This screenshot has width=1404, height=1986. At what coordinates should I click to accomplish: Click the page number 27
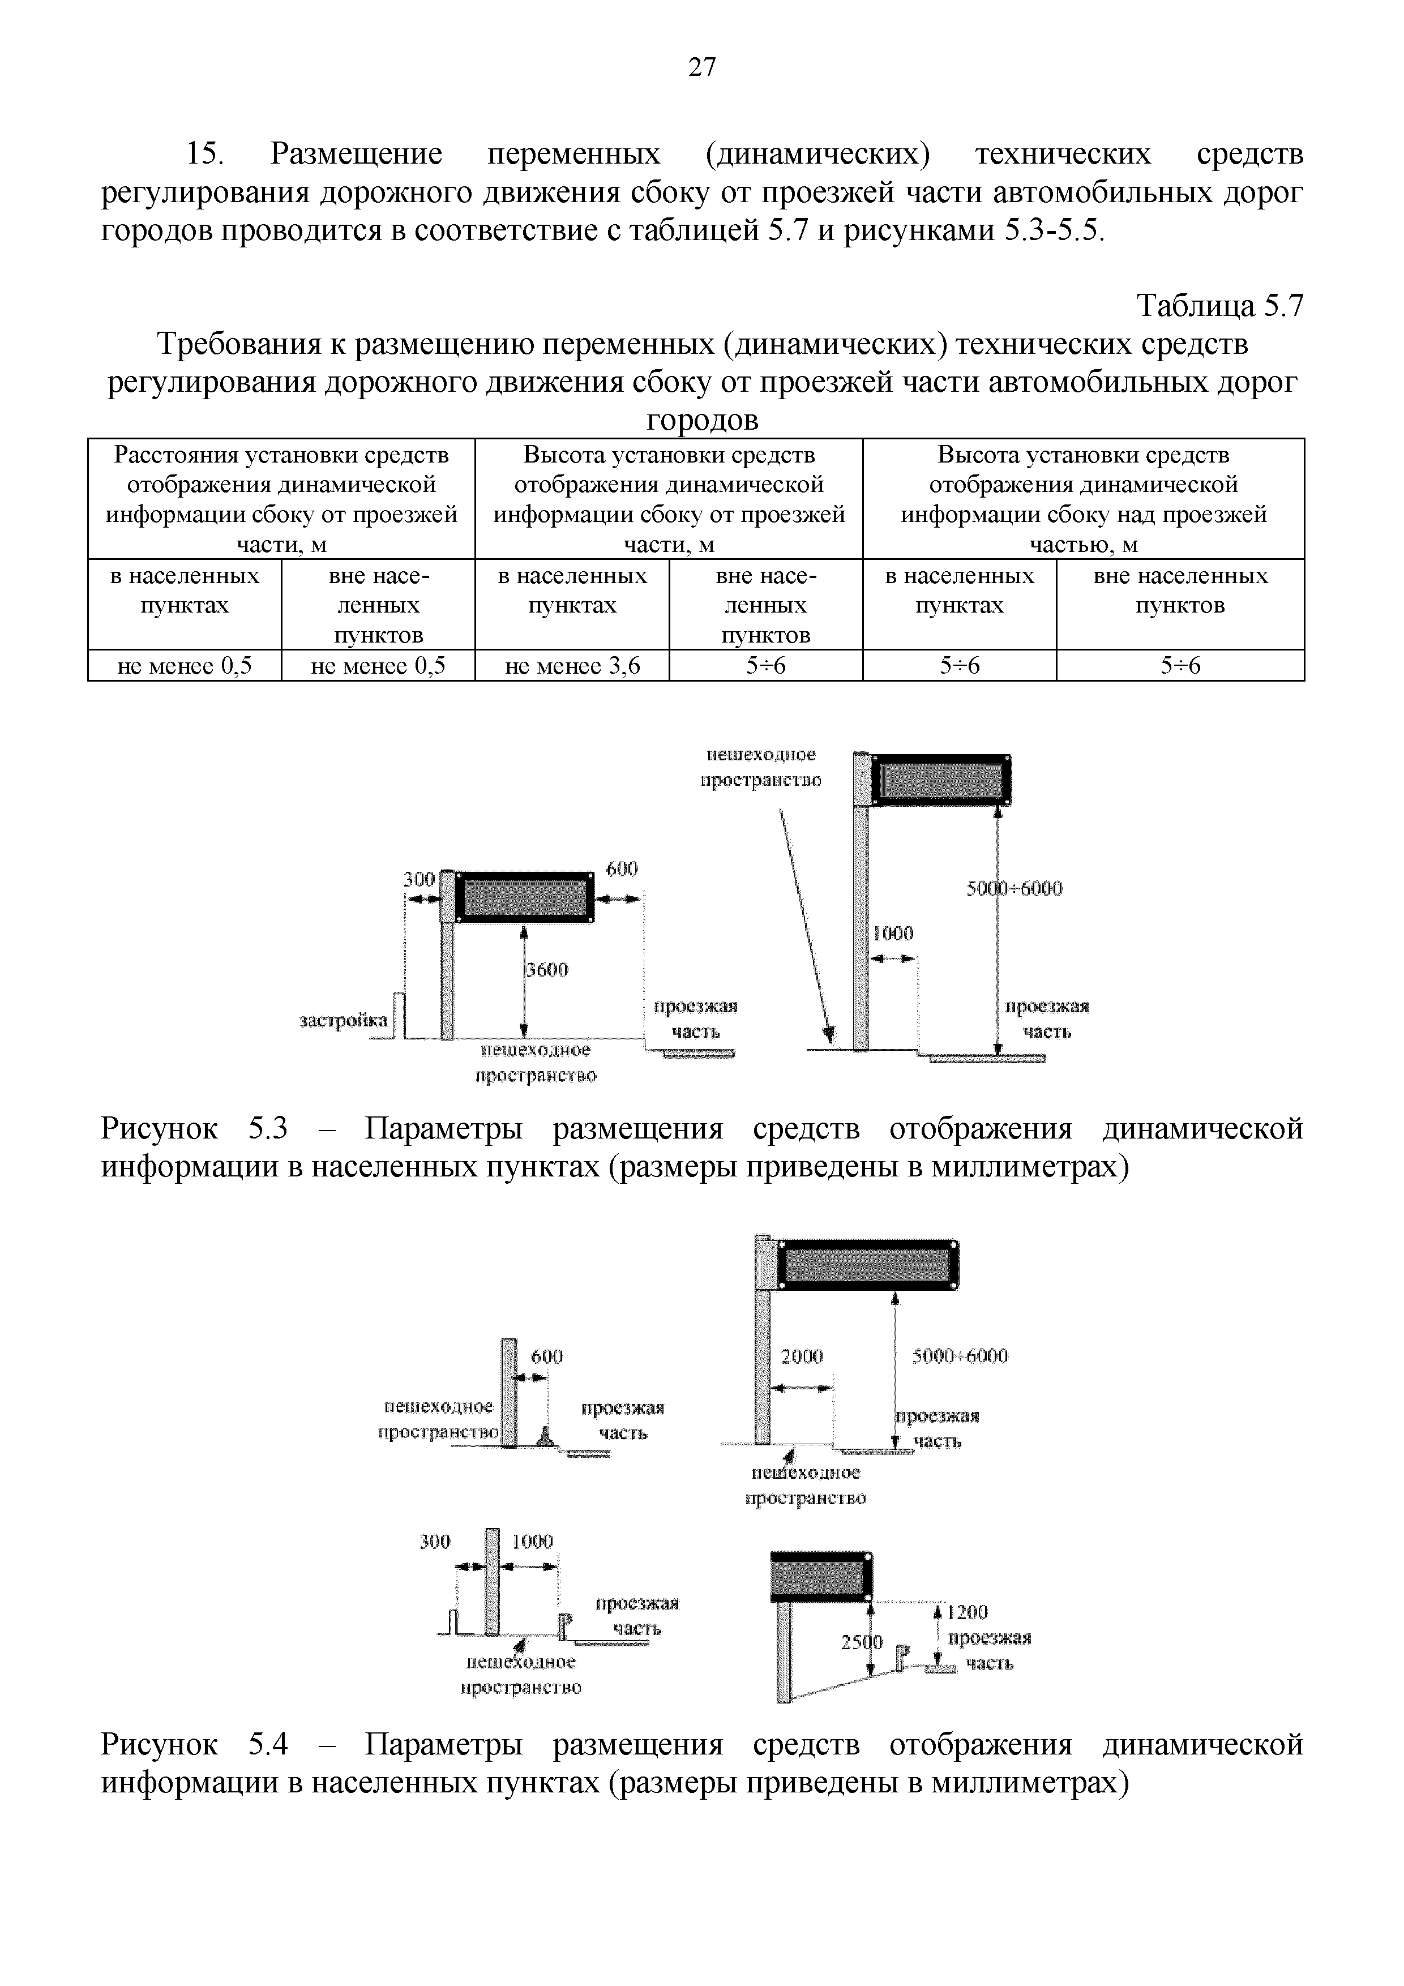(701, 67)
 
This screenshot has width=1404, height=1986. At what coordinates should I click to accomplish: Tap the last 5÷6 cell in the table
(1180, 666)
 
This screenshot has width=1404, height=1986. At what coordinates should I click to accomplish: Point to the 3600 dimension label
(547, 970)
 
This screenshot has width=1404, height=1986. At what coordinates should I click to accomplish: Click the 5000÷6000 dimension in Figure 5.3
(1014, 888)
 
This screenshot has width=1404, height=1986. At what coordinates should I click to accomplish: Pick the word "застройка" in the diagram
(344, 1021)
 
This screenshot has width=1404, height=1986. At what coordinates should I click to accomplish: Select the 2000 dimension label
(802, 1356)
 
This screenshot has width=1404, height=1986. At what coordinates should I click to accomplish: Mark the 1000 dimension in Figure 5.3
(893, 934)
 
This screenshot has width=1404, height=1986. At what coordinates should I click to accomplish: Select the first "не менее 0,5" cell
(184, 666)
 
